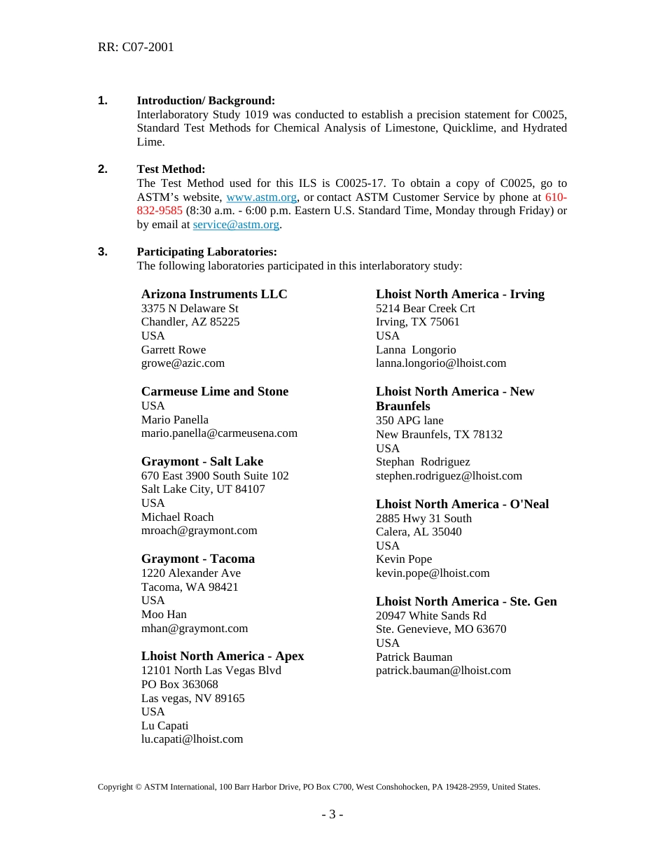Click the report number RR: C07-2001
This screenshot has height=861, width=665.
pos(136,47)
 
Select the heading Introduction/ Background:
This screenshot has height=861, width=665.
pos(206,101)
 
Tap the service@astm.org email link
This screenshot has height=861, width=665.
pos(236,225)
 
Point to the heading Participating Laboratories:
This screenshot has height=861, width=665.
pos(206,252)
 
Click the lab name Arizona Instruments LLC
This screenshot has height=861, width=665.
pos(214,294)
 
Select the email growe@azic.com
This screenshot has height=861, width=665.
pos(183,363)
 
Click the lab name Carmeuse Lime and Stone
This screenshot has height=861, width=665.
pos(214,391)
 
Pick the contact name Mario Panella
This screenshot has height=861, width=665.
pos(174,419)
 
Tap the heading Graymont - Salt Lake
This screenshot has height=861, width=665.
pos(202,461)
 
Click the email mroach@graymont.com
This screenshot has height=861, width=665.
pos(199,531)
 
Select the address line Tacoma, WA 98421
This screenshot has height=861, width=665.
pos(190,587)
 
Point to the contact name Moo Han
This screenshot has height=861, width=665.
pos(164,614)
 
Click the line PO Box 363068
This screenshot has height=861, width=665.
pos(179,684)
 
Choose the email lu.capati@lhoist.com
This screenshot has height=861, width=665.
pos(192,738)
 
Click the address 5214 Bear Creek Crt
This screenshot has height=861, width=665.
pos(425,308)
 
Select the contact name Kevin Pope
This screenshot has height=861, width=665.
pos(403,559)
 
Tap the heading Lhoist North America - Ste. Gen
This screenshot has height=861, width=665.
pos(466,601)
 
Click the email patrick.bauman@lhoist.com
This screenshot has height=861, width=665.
pos(443,670)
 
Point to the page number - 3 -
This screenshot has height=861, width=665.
pos(332,814)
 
